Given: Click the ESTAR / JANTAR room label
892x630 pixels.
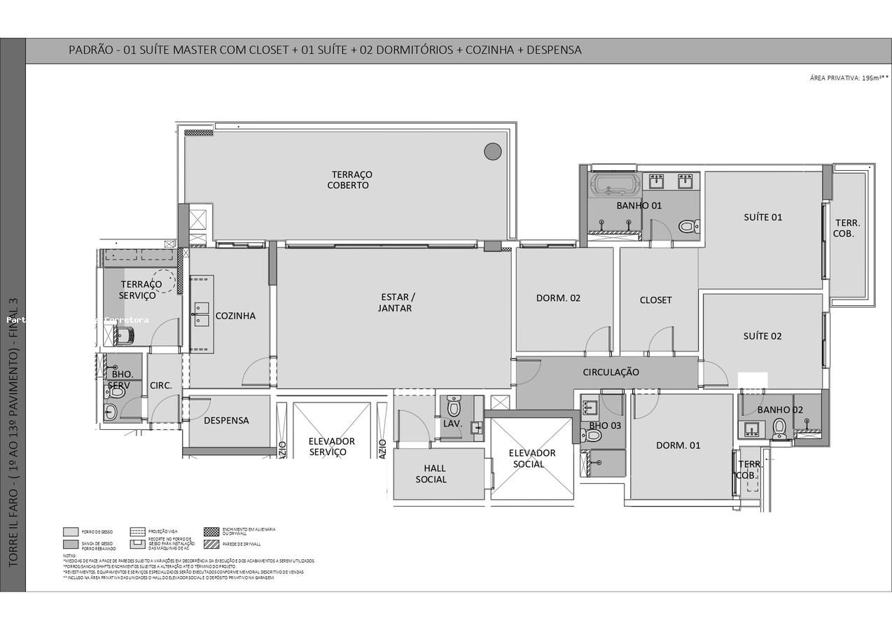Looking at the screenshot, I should click(396, 302).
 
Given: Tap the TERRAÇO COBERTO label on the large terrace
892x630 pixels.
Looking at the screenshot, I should click(351, 180).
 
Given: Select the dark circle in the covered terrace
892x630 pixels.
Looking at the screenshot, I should click(493, 151).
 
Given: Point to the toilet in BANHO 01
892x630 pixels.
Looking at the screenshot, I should click(688, 226).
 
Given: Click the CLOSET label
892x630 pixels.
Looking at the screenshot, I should click(655, 300).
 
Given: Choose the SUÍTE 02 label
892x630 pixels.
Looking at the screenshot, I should click(762, 336).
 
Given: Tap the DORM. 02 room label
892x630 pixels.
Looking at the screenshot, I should click(558, 297).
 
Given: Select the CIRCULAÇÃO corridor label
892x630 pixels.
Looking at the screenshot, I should click(611, 372).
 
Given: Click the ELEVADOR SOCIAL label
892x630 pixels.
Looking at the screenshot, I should click(531, 458).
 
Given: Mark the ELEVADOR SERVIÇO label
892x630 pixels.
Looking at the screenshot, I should click(331, 447).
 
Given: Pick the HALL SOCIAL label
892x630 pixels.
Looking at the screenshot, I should click(431, 474).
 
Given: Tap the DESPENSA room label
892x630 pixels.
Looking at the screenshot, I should click(226, 421).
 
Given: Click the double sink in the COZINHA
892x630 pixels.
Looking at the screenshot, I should click(201, 314).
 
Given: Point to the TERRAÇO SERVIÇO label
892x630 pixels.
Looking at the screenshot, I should click(140, 290).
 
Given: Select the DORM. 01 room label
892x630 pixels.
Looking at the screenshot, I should click(678, 445).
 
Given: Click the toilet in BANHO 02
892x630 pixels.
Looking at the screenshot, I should click(779, 428).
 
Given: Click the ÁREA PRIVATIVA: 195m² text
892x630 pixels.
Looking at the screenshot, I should click(849, 78).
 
